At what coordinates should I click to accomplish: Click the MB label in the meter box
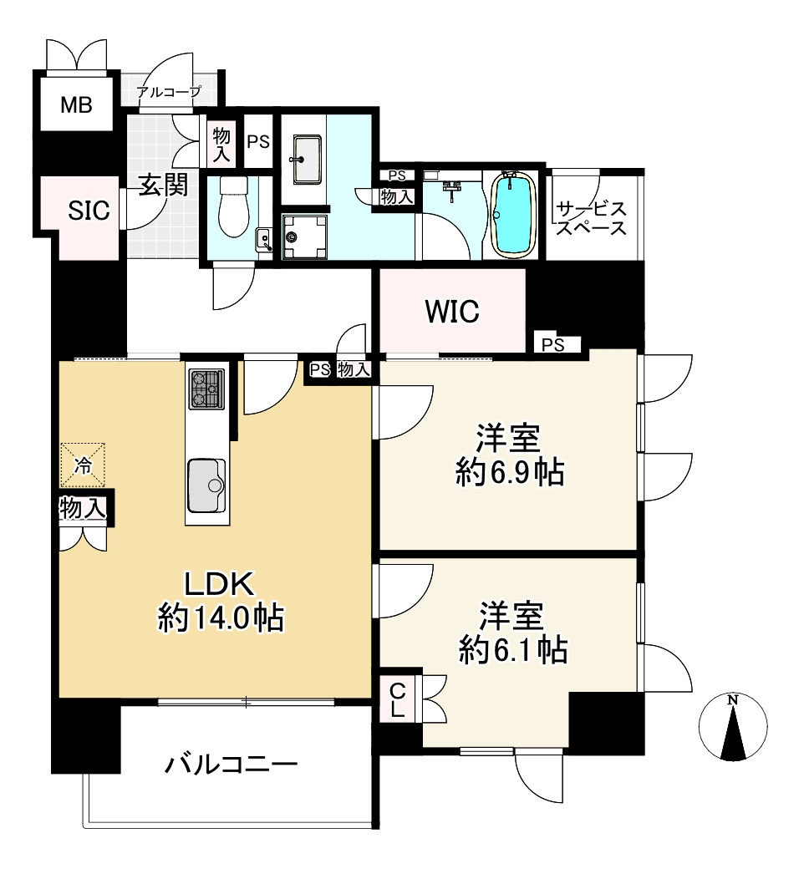(x=76, y=105)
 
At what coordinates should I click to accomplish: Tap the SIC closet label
(x=89, y=211)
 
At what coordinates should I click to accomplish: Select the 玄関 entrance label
(x=162, y=185)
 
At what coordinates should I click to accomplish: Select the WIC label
(x=452, y=312)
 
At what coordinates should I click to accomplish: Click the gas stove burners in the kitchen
(x=206, y=389)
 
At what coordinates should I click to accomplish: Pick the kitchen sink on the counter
(x=206, y=485)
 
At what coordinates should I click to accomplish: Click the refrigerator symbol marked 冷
(x=82, y=465)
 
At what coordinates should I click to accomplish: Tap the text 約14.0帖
(x=221, y=619)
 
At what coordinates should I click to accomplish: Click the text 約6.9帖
(x=509, y=474)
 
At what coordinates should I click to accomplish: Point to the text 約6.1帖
(x=512, y=649)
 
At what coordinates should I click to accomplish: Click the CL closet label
(x=399, y=700)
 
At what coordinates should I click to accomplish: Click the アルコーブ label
(x=170, y=92)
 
